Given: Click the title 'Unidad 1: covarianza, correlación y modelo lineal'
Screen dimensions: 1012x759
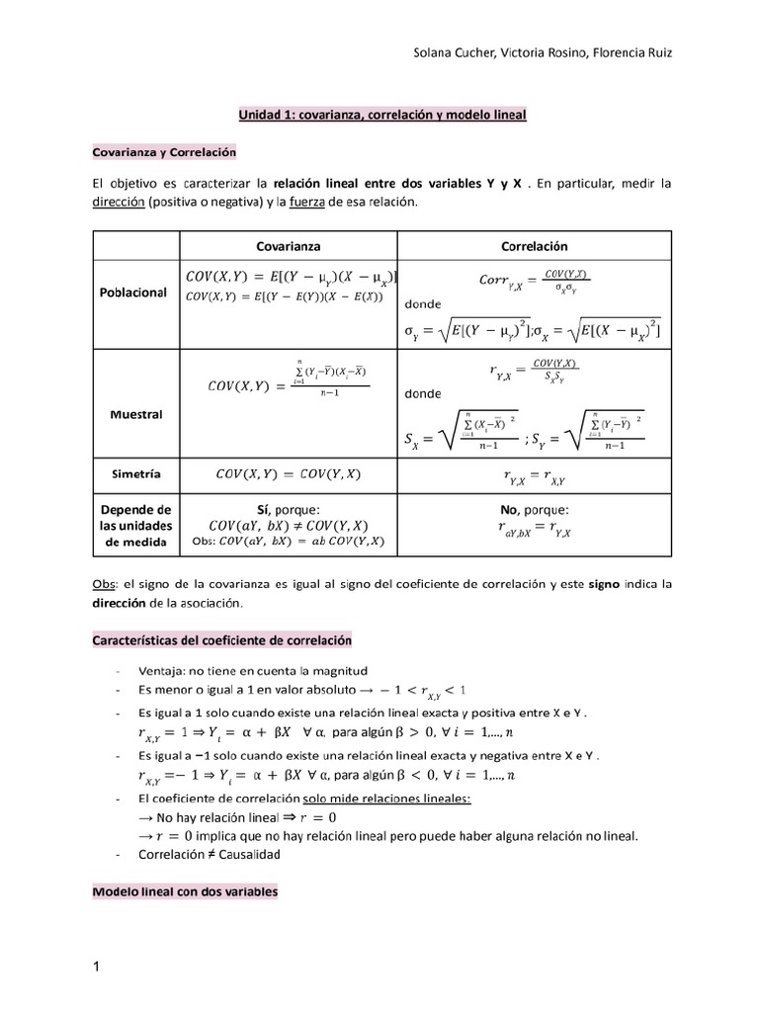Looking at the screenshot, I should [382, 116].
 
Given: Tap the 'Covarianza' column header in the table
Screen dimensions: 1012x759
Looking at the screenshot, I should [289, 246].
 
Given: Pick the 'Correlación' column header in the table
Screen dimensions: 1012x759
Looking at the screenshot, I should [535, 246].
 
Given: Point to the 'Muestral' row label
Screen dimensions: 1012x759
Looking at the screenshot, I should [136, 414].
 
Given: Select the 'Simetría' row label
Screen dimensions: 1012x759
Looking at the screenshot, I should [136, 474].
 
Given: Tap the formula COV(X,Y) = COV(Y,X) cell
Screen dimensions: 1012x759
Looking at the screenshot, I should [289, 474].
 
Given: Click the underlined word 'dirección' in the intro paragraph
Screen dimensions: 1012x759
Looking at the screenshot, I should [118, 203].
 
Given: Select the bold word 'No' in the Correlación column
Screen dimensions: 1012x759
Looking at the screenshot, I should [512, 509].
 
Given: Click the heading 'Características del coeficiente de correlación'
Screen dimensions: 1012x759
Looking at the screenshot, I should [221, 640].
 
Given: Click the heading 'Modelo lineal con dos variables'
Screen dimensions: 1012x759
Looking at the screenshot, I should [185, 891].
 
